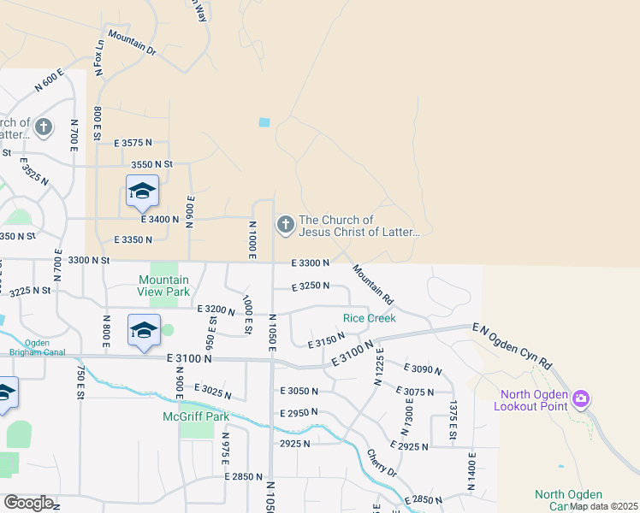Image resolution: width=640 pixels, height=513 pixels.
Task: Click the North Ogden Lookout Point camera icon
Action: [582, 398]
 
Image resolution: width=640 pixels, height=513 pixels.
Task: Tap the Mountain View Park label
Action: [164, 286]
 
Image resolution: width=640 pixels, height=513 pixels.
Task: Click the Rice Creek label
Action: [369, 318]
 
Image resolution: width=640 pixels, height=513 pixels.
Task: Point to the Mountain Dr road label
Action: [132, 45]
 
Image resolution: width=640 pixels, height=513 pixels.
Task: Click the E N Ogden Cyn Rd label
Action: [512, 346]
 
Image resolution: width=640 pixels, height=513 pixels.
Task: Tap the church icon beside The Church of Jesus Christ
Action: [285, 225]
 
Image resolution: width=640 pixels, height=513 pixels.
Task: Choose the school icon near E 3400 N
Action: [142, 192]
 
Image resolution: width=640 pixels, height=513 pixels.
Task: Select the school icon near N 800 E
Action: [144, 331]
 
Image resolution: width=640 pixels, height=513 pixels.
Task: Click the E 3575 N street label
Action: [133, 143]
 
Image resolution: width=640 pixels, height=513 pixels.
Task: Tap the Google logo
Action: [28, 503]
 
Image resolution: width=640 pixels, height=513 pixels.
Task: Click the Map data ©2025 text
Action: [604, 506]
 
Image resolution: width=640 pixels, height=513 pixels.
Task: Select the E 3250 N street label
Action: [310, 286]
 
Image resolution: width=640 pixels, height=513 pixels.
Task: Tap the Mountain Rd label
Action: [372, 285]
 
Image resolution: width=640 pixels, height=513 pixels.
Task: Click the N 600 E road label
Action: [50, 80]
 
